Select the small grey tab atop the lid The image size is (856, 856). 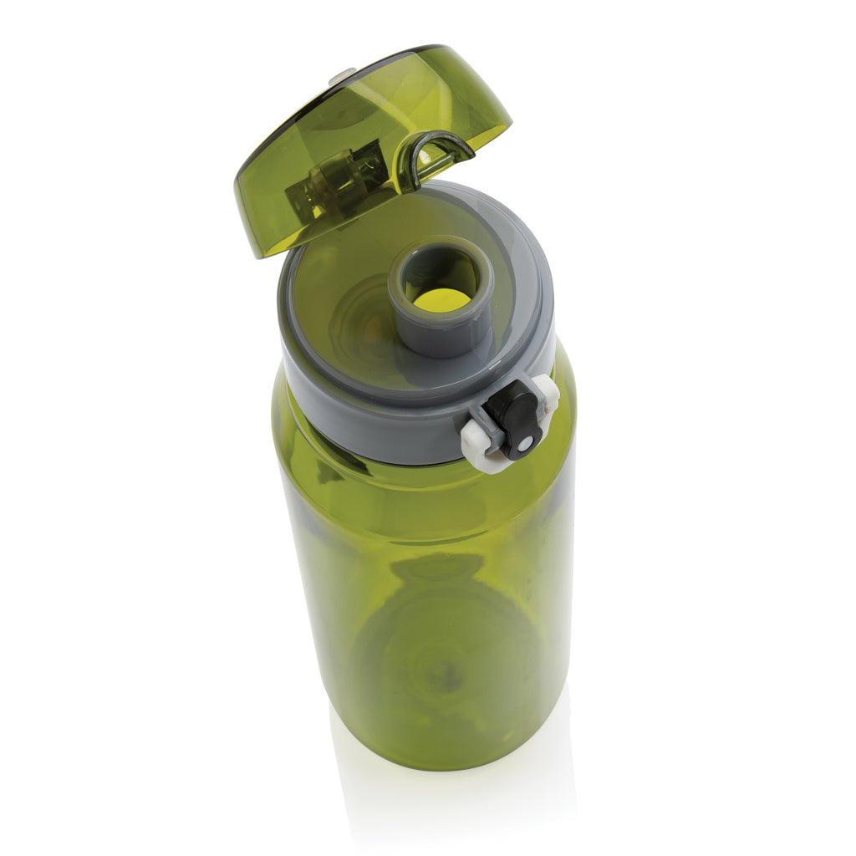click(x=342, y=76)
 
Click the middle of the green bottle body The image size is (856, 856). click(x=426, y=585)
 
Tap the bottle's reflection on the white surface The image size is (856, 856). click(x=451, y=802)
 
